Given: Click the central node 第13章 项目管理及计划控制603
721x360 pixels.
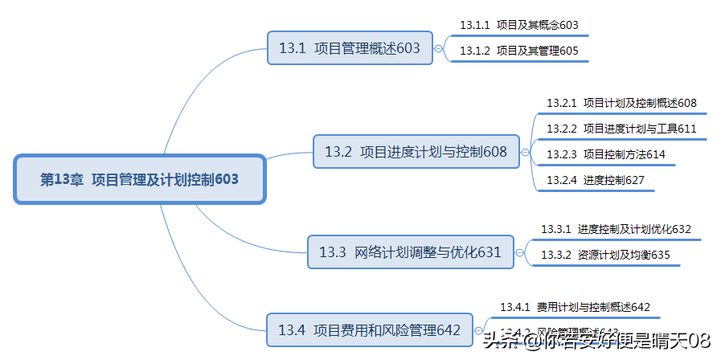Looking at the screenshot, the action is click(x=139, y=179).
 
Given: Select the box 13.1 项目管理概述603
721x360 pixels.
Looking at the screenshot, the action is click(x=349, y=48).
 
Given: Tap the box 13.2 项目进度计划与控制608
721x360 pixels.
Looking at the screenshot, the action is click(x=416, y=151).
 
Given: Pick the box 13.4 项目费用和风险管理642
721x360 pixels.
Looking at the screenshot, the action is click(x=369, y=329).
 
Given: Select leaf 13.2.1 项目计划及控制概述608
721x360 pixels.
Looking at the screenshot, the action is click(x=621, y=103).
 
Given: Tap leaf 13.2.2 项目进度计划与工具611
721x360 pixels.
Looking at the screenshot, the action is click(x=621, y=129).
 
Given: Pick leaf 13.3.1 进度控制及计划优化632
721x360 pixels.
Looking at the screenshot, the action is click(x=616, y=229).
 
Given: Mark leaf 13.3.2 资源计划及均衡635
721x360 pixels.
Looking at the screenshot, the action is click(x=605, y=256).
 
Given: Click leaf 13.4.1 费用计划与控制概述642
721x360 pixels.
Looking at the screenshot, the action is click(x=575, y=307).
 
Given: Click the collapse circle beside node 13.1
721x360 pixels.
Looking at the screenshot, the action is click(x=438, y=48).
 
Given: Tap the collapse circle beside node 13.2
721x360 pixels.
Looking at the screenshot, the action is click(x=525, y=151).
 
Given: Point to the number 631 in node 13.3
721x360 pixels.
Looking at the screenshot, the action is click(x=490, y=252).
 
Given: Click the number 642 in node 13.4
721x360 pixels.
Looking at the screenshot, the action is click(x=449, y=329).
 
